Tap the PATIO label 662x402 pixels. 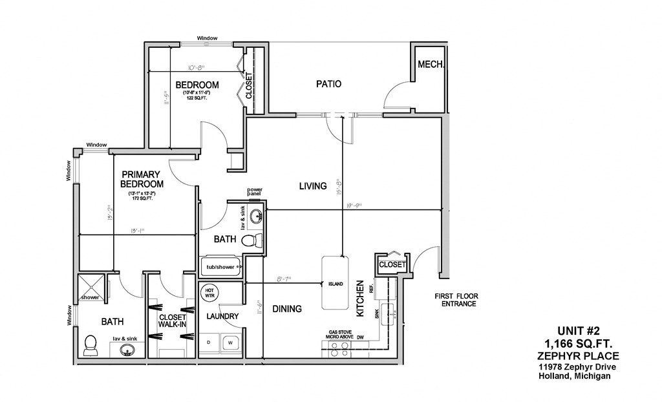point(328,84)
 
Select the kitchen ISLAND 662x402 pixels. point(335,284)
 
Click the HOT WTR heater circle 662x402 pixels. point(209,293)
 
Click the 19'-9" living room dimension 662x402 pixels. point(353,205)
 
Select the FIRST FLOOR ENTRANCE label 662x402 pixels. point(460,300)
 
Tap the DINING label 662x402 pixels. point(286,309)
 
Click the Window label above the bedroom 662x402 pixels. point(207,38)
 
